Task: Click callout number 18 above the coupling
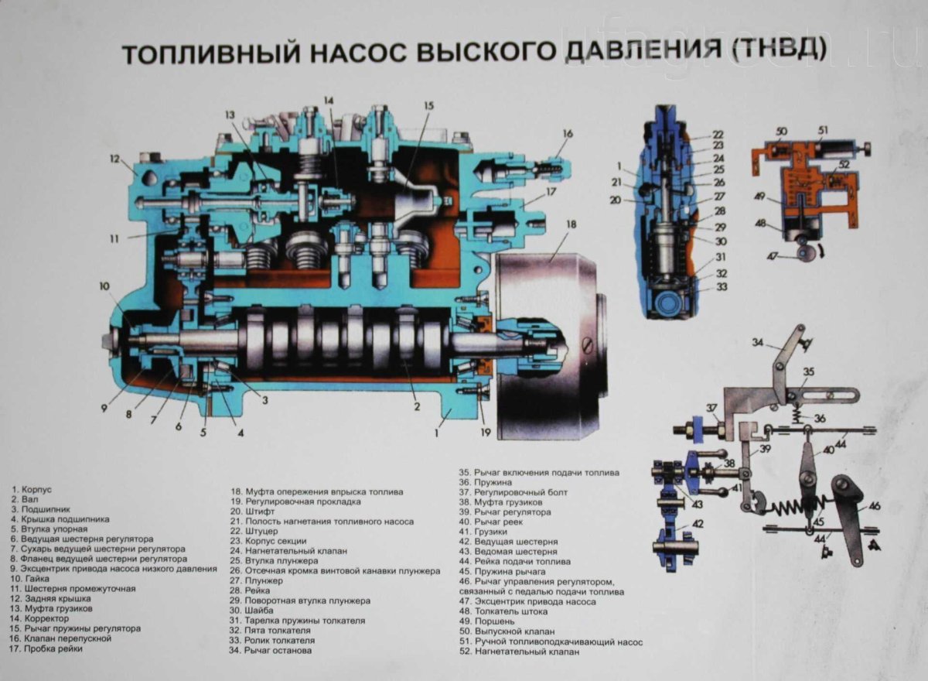(571, 225)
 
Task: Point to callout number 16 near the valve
(568, 134)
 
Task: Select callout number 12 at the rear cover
(115, 159)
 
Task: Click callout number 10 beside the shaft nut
(104, 286)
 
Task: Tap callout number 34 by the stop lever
(758, 342)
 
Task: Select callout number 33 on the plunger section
(721, 286)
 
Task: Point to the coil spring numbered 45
(793, 508)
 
